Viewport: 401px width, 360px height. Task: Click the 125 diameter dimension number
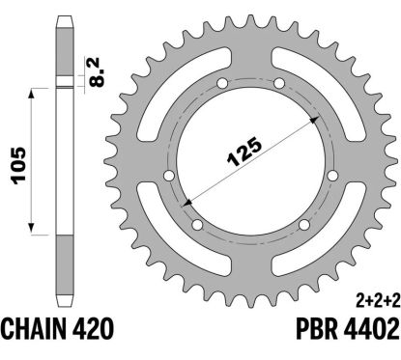244,152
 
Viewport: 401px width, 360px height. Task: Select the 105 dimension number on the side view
18,165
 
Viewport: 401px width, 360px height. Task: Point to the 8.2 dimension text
97,72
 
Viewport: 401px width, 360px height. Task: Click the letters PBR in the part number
317,328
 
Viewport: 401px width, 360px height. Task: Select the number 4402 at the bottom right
371,328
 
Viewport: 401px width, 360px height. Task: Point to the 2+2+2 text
378,301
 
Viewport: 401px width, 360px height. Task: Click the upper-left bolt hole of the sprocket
222,84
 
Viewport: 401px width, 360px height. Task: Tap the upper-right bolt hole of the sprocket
279,84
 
